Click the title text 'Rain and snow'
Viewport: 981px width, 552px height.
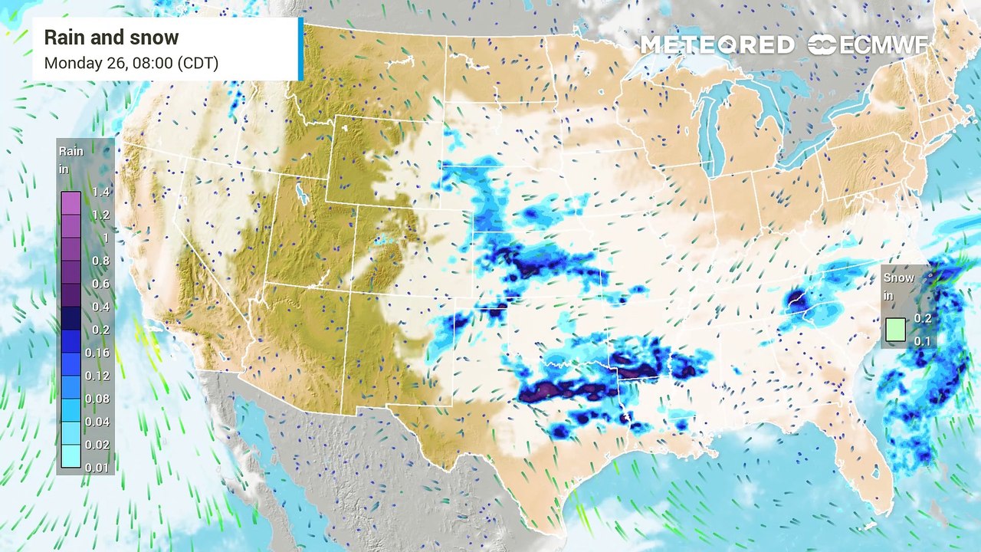pyautogui.click(x=111, y=38)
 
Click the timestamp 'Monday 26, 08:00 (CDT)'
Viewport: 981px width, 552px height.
pyautogui.click(x=131, y=63)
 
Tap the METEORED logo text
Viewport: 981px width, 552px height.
pyautogui.click(x=717, y=45)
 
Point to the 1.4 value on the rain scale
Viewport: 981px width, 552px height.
pyautogui.click(x=100, y=192)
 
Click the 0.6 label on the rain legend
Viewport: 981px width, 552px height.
pyautogui.click(x=100, y=284)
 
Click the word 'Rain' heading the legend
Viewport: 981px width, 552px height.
pyautogui.click(x=71, y=151)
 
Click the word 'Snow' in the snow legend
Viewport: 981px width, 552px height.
pyautogui.click(x=899, y=278)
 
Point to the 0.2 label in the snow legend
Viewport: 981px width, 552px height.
pyautogui.click(x=923, y=319)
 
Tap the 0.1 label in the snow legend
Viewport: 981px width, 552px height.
pyautogui.click(x=923, y=340)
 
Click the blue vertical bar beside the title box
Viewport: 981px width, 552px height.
pyautogui.click(x=300, y=49)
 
